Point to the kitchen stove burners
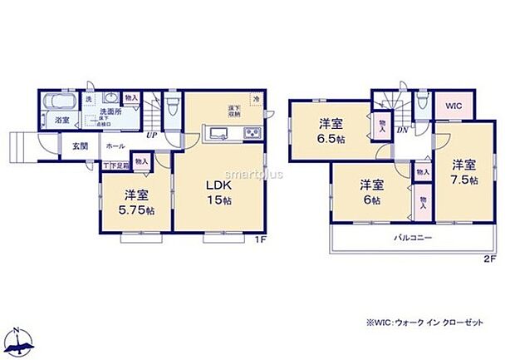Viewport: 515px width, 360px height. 252,134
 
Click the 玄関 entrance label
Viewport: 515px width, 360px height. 79,146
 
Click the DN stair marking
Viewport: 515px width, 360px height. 401,131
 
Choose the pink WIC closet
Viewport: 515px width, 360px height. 452,106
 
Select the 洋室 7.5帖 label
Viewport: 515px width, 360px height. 463,171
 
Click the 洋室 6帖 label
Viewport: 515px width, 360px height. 370,191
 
